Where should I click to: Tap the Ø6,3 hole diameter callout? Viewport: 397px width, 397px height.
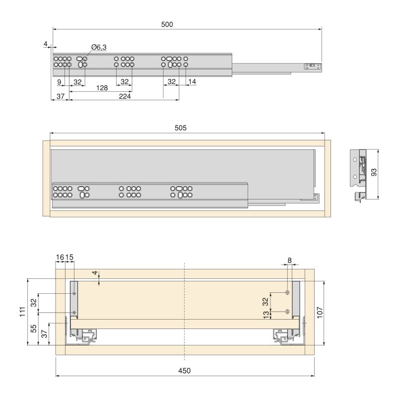[99, 47]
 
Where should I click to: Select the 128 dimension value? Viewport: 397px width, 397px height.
[101, 87]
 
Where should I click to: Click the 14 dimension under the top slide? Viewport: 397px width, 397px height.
[192, 81]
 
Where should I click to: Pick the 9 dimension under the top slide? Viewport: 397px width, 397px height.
[59, 81]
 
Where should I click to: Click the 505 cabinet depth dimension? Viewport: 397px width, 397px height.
[181, 128]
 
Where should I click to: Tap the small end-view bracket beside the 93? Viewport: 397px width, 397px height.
[360, 174]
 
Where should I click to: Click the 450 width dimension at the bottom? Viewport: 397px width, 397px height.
[184, 371]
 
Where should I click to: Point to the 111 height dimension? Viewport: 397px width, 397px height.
[21, 312]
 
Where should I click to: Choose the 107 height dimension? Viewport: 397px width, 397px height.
[334, 312]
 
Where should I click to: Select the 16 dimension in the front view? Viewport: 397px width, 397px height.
[60, 257]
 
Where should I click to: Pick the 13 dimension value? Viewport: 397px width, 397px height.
[266, 314]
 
